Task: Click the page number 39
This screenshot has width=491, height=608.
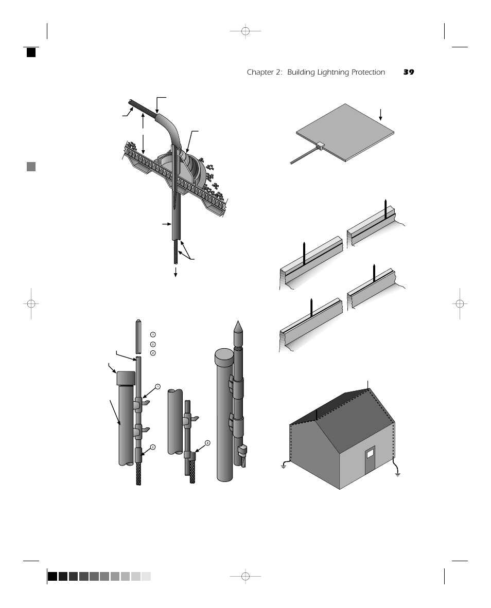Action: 409,73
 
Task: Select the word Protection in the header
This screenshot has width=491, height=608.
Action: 368,73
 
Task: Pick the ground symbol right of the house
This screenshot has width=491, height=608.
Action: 397,473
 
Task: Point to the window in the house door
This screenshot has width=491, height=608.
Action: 370,454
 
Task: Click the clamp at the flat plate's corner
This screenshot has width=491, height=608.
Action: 320,146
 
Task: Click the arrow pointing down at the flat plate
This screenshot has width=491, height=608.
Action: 380,114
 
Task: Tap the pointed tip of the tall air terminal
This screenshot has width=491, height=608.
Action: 238,326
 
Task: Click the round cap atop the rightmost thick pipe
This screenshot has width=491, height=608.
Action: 224,355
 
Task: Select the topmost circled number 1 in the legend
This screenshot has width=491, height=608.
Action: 153,335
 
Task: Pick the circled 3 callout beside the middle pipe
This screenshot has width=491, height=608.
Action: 207,442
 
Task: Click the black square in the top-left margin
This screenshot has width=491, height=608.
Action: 31,52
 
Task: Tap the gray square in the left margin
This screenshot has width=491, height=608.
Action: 31,167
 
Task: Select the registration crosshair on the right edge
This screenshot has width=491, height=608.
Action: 460,303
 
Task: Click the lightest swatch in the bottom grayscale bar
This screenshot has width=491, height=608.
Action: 146,577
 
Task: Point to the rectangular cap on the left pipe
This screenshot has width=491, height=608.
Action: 126,378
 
